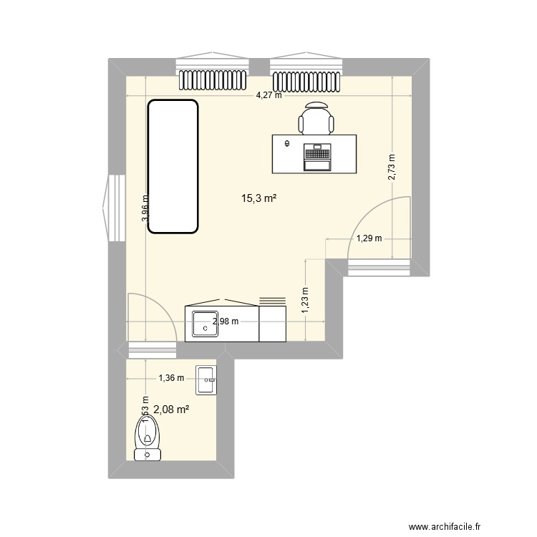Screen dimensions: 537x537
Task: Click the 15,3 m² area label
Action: click(x=258, y=200)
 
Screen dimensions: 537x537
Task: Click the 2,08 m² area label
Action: click(x=171, y=410)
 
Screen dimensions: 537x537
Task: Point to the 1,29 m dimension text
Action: click(x=369, y=238)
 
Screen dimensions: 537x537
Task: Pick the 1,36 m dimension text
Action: click(x=171, y=377)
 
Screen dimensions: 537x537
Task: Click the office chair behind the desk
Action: click(x=316, y=119)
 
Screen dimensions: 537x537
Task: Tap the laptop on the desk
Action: click(x=317, y=157)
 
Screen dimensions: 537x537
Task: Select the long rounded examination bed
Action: click(x=173, y=167)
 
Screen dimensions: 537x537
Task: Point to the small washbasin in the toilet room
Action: click(x=205, y=380)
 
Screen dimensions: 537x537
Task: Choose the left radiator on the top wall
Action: click(x=213, y=79)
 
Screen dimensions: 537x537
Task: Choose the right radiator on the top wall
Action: click(x=306, y=79)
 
